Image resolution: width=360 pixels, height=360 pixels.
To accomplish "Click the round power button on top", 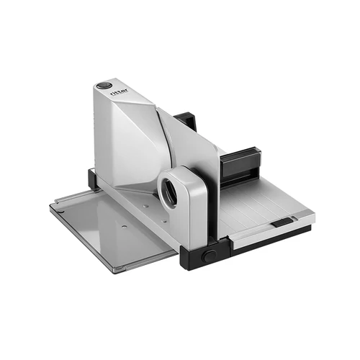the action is tap(104, 85).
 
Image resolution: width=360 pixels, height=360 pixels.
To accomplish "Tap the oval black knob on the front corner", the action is tap(209, 256).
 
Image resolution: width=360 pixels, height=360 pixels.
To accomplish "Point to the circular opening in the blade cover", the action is tap(170, 192).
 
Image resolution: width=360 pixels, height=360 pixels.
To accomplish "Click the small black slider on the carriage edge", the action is tap(281, 222).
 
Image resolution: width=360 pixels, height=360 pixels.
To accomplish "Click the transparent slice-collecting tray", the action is tap(113, 228).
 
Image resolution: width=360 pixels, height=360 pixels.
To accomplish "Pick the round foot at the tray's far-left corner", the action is tap(61, 211).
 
